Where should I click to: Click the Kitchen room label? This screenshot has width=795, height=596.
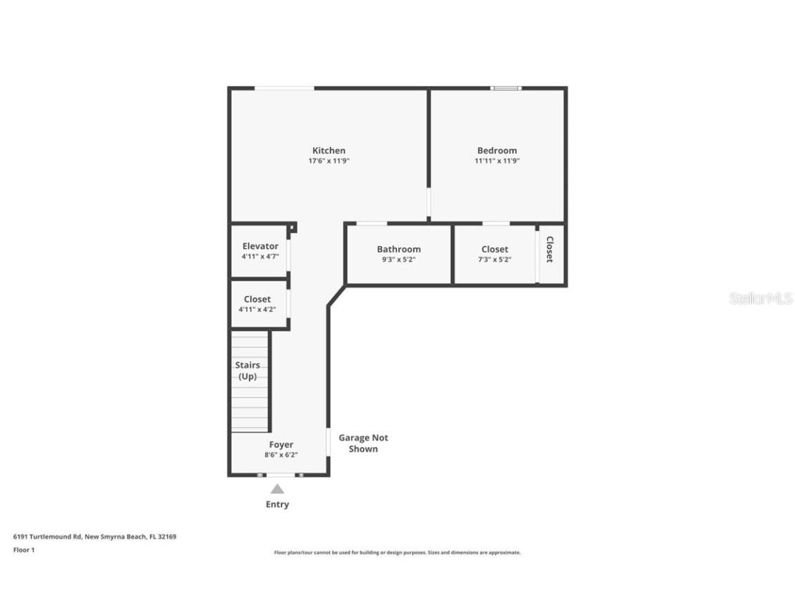(x=328, y=150)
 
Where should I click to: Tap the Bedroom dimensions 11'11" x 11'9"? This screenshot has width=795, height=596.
(x=496, y=161)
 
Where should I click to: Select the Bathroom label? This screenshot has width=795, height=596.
(x=398, y=249)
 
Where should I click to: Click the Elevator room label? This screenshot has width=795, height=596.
(x=260, y=246)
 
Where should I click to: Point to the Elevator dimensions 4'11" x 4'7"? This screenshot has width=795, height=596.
(x=260, y=257)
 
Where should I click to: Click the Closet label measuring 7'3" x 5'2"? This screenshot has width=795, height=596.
(x=494, y=249)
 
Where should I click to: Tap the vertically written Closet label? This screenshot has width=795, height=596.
(x=550, y=249)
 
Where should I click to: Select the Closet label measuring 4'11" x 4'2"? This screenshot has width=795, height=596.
(x=257, y=299)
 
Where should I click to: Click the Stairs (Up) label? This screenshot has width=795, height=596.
(x=248, y=370)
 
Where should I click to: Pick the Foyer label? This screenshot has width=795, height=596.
(x=281, y=445)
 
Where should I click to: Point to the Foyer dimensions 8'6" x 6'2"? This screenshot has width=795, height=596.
(x=281, y=455)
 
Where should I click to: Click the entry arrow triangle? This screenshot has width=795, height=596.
(x=277, y=489)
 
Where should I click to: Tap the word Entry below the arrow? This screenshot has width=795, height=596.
(x=277, y=504)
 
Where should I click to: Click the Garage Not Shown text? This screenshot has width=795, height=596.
(x=363, y=443)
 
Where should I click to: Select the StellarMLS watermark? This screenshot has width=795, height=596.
(x=760, y=299)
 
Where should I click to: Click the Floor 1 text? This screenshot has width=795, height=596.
(x=23, y=550)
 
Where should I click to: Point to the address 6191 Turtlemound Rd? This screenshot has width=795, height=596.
(x=95, y=536)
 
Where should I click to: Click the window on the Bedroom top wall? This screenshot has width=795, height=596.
(x=506, y=88)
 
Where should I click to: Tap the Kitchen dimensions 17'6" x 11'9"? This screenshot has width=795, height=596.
(x=328, y=161)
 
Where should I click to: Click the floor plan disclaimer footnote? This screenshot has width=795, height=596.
(x=397, y=553)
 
